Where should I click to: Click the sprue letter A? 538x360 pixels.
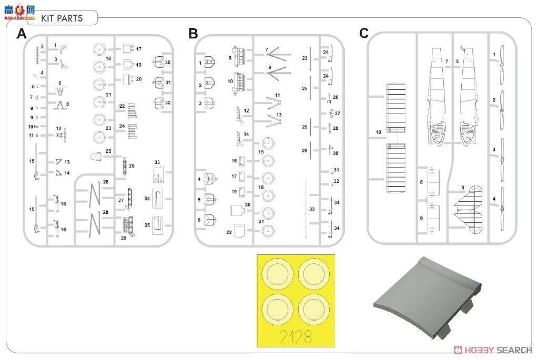click(22, 34)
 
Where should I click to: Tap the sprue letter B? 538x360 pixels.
click(193, 34)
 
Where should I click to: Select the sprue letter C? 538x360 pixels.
click(364, 34)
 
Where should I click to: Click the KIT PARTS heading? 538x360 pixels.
click(62, 18)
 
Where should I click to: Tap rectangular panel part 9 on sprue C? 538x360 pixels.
click(433, 219)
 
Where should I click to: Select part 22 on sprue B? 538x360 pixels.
click(239, 231)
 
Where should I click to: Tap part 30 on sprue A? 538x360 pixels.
click(157, 64)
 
